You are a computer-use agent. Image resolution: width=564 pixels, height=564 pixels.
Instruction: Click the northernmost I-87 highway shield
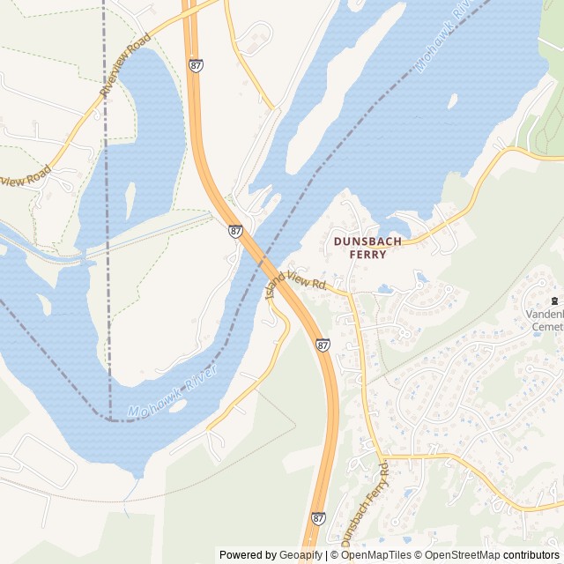tap(196, 65)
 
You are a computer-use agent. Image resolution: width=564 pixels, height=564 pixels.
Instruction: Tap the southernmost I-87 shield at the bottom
tap(318, 519)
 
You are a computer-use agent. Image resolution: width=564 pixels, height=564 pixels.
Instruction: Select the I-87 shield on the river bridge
tap(235, 231)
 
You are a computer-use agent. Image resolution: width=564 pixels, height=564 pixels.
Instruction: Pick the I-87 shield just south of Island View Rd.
tap(323, 345)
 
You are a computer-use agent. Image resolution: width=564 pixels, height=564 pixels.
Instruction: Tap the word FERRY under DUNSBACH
tap(367, 254)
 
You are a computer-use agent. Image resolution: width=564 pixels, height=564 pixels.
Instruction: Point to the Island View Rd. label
tap(296, 284)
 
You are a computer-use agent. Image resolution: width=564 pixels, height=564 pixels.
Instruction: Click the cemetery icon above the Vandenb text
tap(554, 300)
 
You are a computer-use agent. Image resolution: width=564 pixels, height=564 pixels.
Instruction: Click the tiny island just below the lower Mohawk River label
tap(177, 431)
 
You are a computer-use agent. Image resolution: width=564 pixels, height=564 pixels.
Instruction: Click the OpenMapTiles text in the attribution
tap(376, 555)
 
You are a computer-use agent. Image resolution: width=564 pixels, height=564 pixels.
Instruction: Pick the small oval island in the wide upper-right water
tap(452, 101)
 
